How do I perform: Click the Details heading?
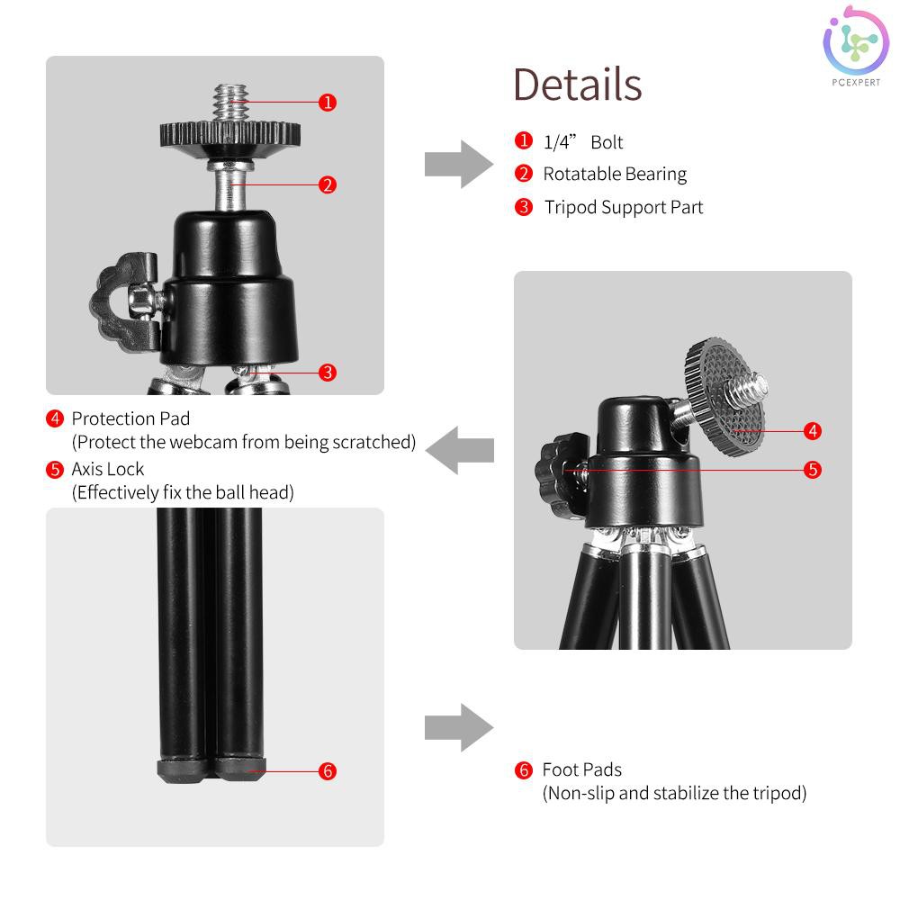point(577,84)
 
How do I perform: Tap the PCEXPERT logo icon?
point(855,42)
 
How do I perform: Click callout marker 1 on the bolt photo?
point(328,103)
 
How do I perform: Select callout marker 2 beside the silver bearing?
point(328,184)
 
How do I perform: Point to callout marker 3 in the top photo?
point(328,372)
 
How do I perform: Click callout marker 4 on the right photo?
point(813,430)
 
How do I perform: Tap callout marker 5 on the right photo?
point(813,470)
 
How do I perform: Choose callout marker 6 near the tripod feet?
point(328,771)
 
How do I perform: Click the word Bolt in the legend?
point(607,142)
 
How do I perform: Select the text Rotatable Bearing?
point(615,174)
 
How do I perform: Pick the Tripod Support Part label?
point(624,207)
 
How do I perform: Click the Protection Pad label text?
point(130,418)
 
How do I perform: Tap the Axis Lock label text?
point(107,469)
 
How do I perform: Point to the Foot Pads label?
point(582,769)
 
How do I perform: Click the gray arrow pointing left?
point(460,450)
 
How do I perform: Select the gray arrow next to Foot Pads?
point(459,728)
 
